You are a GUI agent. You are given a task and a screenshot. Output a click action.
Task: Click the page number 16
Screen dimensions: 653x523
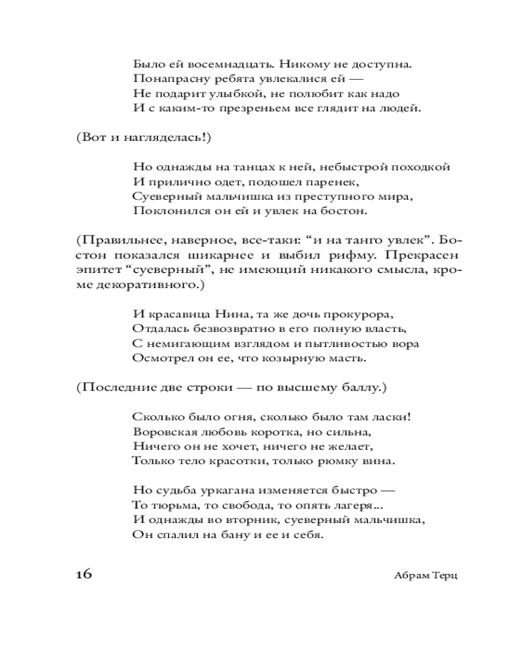(x=84, y=574)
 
